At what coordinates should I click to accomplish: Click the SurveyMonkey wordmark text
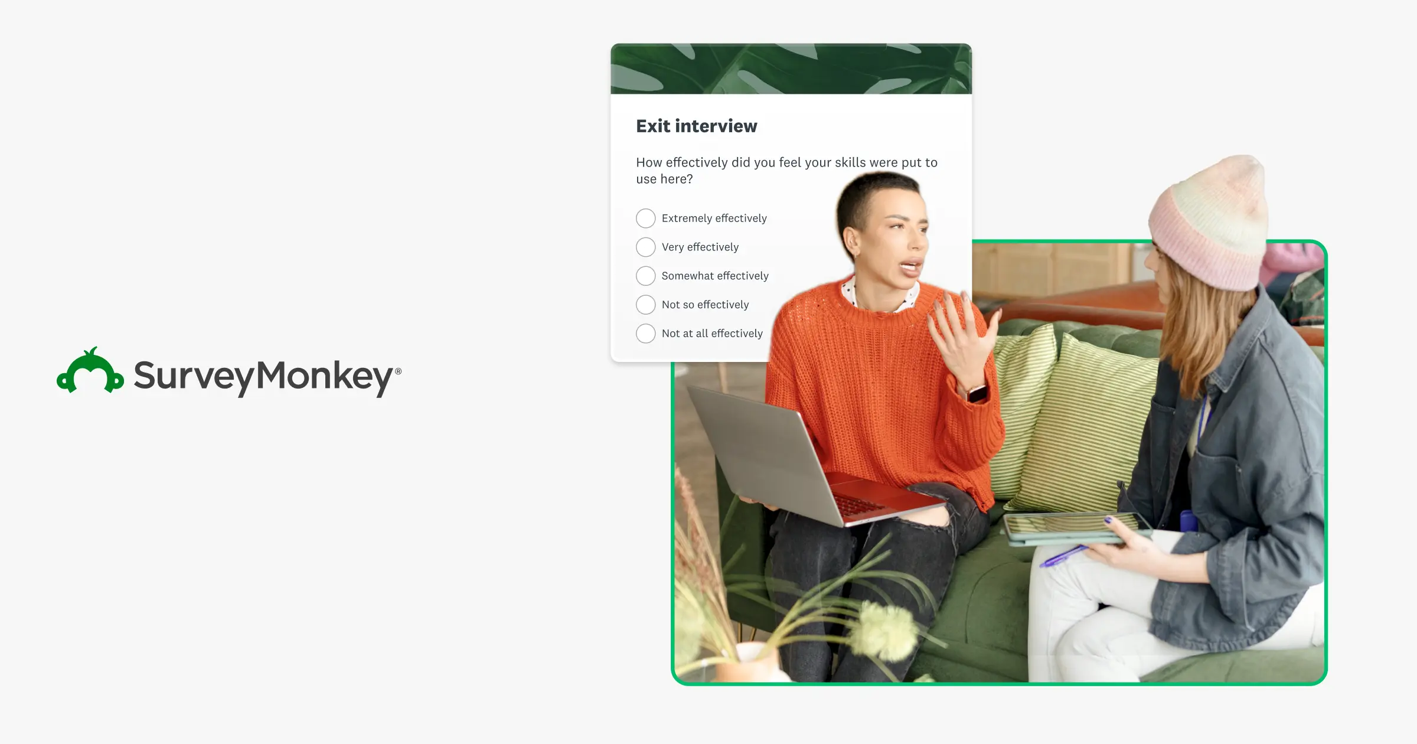point(263,376)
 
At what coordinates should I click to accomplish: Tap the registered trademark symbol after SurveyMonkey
point(399,371)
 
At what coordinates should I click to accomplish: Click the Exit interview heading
point(696,126)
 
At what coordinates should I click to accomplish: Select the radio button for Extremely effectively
point(645,218)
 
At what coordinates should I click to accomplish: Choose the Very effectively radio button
point(645,247)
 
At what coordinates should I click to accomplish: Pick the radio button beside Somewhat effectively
point(645,276)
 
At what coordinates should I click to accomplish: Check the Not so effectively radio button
point(645,305)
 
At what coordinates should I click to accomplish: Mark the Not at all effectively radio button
point(645,334)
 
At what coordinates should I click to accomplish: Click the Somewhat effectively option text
point(714,276)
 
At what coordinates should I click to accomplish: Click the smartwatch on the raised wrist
point(977,393)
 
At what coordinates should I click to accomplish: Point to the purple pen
point(1063,556)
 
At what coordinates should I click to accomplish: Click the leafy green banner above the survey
point(791,68)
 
